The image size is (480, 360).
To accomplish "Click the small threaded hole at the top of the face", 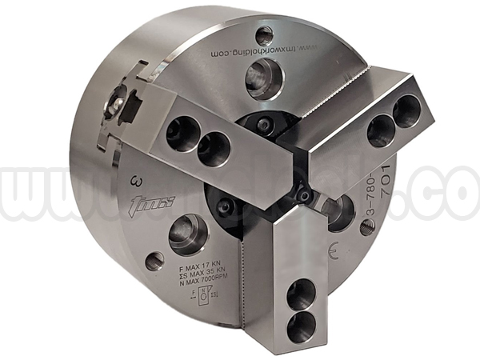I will coord(264,35).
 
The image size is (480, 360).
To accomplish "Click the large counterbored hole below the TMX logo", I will coord(188,234).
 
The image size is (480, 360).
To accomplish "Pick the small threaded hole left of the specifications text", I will coord(154,261).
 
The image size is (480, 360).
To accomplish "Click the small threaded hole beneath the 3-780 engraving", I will coord(367,227).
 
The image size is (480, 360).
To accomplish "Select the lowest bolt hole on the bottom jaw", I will coord(301,326).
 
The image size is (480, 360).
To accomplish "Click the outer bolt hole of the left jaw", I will coord(181,132).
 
